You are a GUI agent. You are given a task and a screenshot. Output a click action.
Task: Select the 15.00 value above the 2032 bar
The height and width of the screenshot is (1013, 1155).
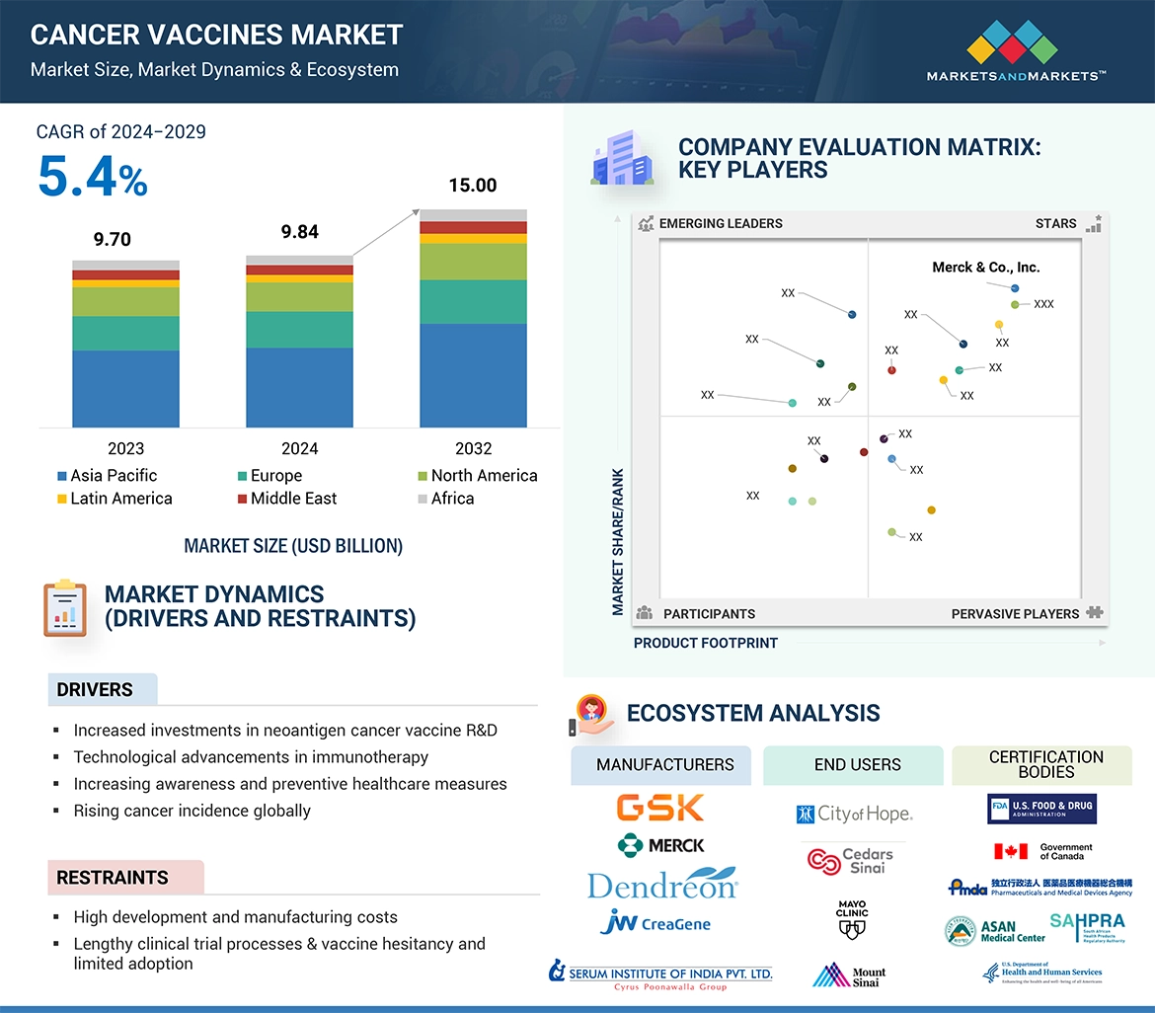click(x=473, y=186)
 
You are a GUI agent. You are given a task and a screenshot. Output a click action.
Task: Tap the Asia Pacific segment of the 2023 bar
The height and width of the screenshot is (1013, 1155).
click(x=125, y=389)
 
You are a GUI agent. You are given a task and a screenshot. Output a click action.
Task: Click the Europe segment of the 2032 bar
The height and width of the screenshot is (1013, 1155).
click(x=473, y=301)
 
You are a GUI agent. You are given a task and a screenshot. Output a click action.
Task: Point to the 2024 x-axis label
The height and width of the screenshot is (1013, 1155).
click(x=299, y=448)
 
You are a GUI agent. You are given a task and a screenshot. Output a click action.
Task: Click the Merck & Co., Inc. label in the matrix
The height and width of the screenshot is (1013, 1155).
click(x=985, y=268)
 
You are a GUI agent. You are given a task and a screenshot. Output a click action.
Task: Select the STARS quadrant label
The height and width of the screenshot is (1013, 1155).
click(x=1055, y=224)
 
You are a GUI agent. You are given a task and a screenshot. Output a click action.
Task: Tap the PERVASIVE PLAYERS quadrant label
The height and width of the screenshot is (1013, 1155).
click(x=1015, y=614)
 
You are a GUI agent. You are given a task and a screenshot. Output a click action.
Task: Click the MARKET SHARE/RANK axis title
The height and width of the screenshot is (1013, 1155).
click(x=619, y=542)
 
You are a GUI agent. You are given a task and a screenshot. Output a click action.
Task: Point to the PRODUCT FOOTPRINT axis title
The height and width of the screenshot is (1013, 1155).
click(x=705, y=643)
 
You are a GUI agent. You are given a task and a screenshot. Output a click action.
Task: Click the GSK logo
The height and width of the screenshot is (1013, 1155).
click(x=660, y=808)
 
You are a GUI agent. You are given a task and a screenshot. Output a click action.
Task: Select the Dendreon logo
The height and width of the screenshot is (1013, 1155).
click(x=662, y=884)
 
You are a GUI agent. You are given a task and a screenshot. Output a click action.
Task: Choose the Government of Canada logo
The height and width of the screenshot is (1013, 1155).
click(x=1042, y=851)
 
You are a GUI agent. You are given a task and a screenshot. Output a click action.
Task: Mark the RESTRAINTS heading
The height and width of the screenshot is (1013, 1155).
click(x=113, y=878)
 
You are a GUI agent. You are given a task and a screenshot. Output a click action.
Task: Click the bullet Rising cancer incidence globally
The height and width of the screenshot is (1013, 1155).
click(x=192, y=811)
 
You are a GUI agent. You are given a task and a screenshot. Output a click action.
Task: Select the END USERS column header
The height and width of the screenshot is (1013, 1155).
click(x=857, y=765)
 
